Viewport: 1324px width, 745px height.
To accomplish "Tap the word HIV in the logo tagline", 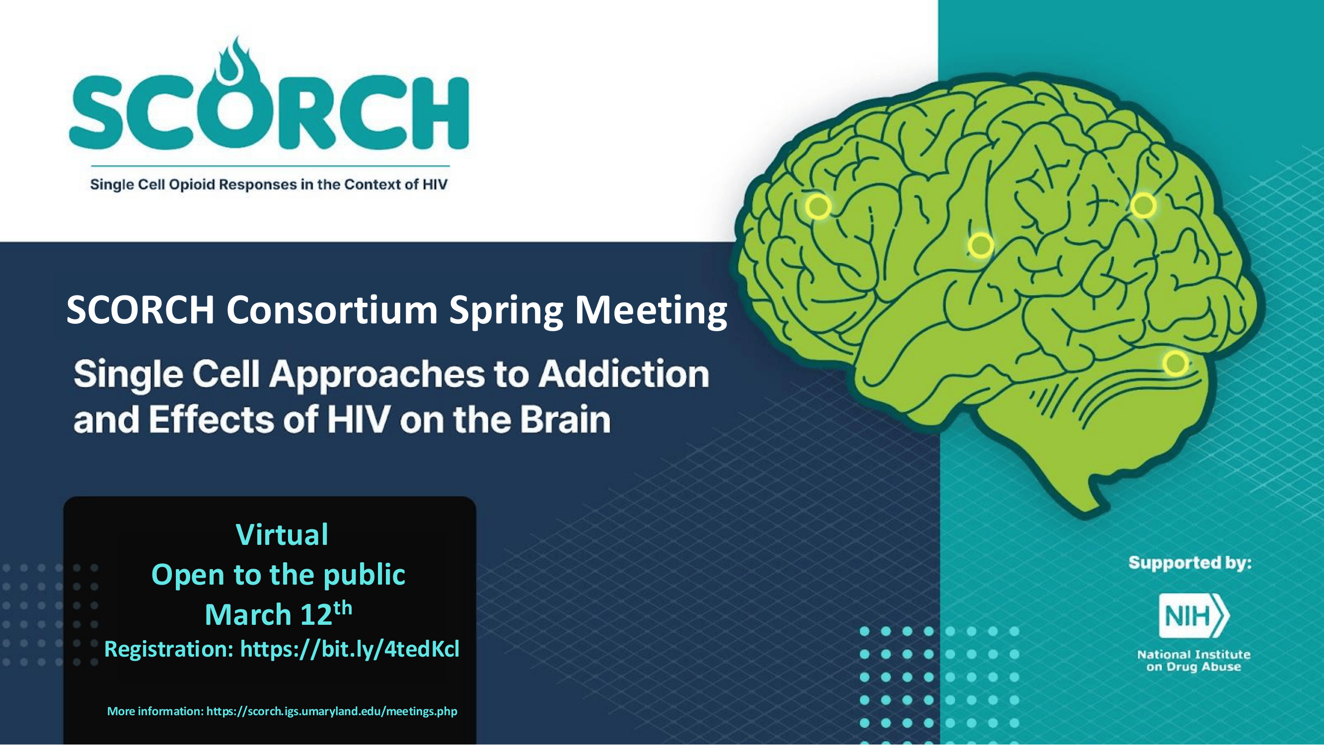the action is (435, 184).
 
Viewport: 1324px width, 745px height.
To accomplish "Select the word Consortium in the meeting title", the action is (332, 310).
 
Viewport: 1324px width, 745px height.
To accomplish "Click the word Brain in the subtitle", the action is (565, 420).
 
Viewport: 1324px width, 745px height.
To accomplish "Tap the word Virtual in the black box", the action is (282, 534).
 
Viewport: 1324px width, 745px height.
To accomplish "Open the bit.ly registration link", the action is (350, 648).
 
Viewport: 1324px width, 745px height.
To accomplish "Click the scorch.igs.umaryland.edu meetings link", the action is (332, 711).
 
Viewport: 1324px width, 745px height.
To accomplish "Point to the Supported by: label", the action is (1190, 563).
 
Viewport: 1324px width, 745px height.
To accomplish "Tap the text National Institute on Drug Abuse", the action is (1193, 661).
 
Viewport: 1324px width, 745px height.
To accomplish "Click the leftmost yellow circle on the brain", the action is (818, 206).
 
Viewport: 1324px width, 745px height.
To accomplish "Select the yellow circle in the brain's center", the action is (981, 245).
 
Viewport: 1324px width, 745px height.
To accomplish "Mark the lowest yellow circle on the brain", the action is (1176, 364).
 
